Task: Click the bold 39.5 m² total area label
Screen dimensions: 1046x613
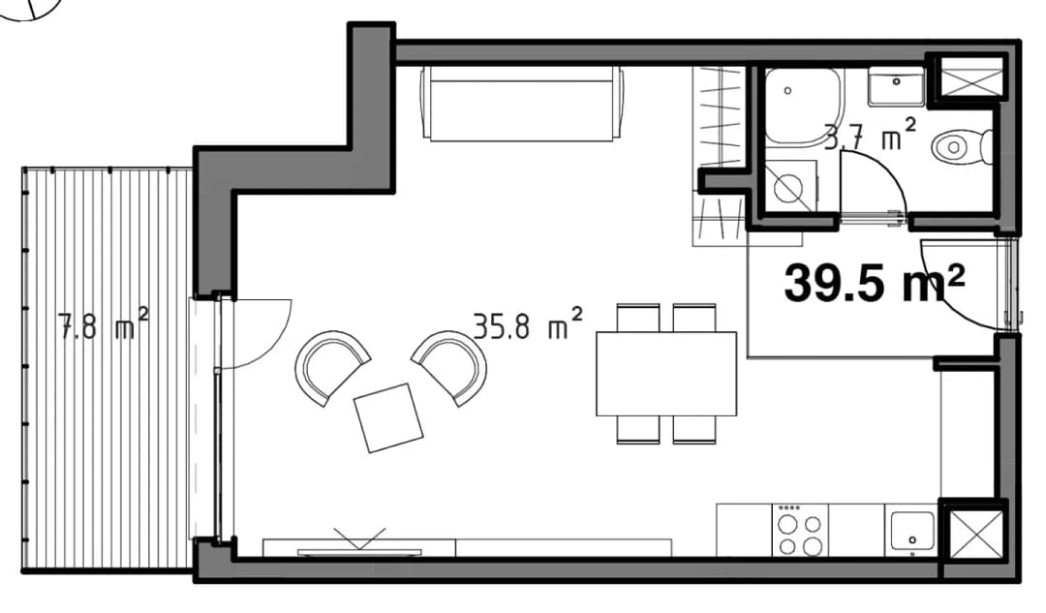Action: [875, 282]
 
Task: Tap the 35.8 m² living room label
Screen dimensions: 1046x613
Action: [528, 324]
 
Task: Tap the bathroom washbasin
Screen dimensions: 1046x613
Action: [896, 86]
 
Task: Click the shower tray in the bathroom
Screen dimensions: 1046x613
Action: [804, 107]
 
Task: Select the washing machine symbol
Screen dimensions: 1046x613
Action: [790, 185]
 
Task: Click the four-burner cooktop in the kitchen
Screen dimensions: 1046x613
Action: [800, 531]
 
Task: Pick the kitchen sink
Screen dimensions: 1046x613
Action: [912, 531]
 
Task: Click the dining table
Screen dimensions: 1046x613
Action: [665, 374]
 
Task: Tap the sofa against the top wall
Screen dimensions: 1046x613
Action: [523, 104]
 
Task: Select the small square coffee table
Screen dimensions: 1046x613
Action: [389, 418]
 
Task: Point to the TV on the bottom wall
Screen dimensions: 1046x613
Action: [359, 551]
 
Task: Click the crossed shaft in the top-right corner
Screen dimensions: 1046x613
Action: [970, 77]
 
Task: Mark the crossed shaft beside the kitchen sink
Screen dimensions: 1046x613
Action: [975, 534]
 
